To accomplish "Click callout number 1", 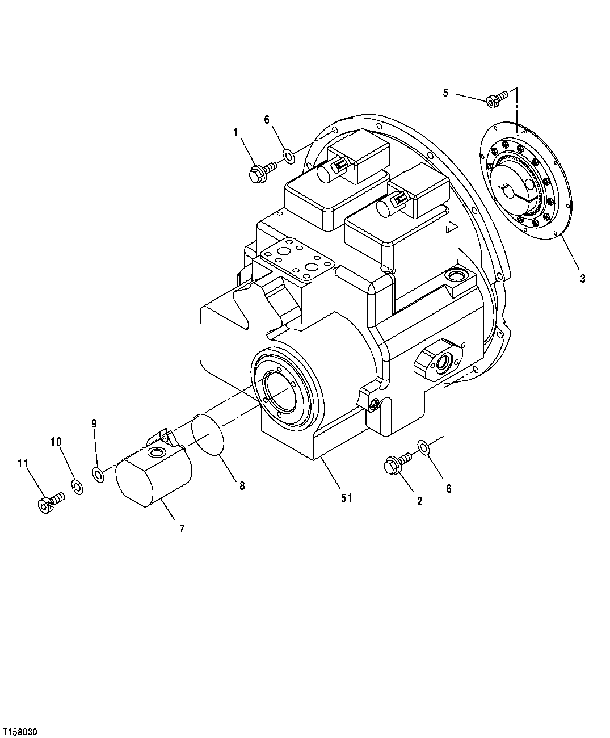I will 235,132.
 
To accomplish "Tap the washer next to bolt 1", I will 288,154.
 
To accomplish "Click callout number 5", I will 445,92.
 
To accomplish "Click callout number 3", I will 582,278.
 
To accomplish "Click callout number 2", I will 419,501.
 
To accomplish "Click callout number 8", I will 242,486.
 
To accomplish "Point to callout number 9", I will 94,423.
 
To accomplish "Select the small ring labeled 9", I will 98,473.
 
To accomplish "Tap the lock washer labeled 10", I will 78,487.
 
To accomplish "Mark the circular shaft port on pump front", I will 280,391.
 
